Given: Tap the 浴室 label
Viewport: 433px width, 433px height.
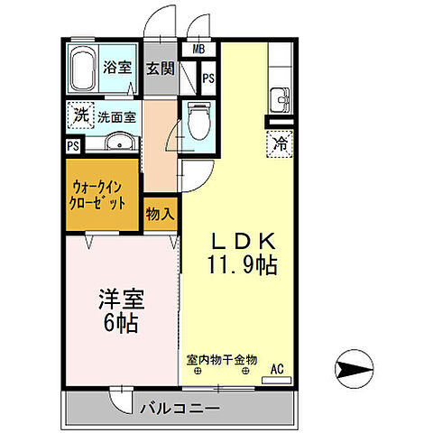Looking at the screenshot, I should (117, 67).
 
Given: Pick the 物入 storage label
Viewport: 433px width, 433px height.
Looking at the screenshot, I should (160, 214).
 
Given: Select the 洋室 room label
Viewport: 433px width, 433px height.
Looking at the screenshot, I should (120, 299).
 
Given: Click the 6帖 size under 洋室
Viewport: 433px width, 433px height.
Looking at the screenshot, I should (120, 324).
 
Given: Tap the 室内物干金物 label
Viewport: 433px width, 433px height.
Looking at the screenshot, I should (222, 360).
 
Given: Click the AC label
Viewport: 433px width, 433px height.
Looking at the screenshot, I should (277, 368).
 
